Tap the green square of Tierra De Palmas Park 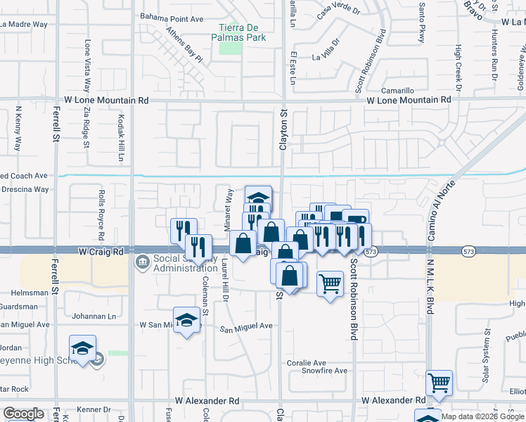click(229, 47)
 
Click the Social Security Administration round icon click(141, 263)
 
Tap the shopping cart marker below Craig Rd click(330, 283)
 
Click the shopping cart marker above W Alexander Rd click(440, 383)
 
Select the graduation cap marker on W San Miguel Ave click(186, 319)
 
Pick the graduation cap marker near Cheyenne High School click(82, 348)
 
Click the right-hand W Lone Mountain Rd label click(408, 101)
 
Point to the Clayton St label click(284, 129)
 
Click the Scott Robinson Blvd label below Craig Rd click(354, 298)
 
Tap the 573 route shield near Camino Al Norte click(469, 251)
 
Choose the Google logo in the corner click(23, 413)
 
